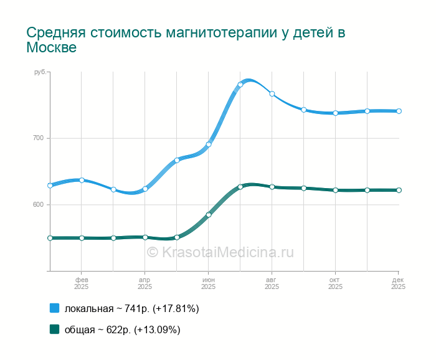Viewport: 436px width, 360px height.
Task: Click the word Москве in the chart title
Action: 51,48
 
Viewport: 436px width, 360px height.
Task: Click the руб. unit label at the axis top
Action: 40,73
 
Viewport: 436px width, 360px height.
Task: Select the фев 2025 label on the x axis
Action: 82,283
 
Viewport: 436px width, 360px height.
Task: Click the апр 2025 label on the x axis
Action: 145,283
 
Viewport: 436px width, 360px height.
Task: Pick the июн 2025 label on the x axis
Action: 209,283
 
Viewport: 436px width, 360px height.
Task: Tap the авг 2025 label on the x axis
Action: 272,283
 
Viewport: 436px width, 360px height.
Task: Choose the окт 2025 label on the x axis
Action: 335,283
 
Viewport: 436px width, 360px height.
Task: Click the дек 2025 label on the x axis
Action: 399,283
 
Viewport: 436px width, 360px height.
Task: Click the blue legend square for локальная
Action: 54,308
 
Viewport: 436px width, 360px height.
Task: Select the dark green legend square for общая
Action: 54,329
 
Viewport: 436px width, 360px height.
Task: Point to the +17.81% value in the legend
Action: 176,308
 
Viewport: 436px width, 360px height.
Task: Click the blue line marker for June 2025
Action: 209,144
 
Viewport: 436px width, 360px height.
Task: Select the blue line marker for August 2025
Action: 272,94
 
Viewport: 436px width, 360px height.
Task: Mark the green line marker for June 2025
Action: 209,215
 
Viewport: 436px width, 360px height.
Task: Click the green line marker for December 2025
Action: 399,190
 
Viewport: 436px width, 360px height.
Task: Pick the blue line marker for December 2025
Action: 399,111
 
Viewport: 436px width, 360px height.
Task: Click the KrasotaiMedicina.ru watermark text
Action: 220,252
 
